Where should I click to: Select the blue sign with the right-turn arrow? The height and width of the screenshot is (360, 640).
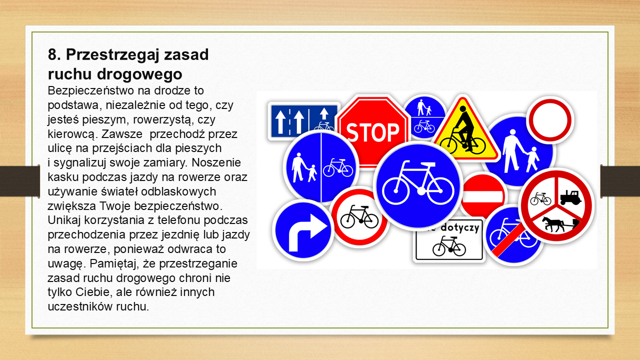click(x=303, y=230)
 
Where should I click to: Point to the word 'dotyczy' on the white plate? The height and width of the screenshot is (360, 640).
click(x=459, y=228)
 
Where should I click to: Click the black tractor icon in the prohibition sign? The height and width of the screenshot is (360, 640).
click(x=570, y=197)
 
